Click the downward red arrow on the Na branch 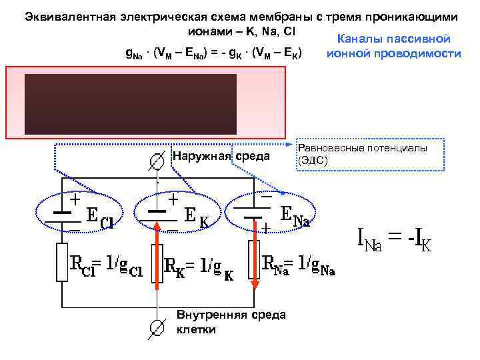[x=254, y=257]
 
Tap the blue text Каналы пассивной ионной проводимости [x=394, y=47]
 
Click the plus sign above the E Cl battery [x=75, y=199]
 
